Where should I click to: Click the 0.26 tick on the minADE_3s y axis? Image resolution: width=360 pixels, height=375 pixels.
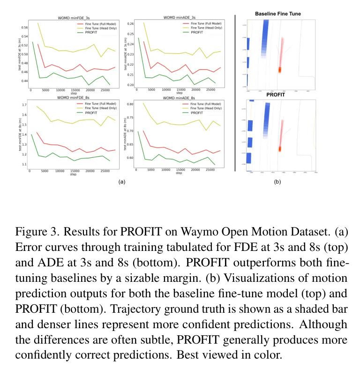click(130, 23)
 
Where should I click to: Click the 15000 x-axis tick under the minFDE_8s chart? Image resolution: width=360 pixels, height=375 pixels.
click(74, 171)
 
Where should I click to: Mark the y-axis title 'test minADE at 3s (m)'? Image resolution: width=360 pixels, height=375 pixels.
click(125, 55)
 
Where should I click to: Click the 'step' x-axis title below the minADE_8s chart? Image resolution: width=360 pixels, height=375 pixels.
click(179, 174)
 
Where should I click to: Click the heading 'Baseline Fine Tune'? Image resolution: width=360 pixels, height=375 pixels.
click(278, 14)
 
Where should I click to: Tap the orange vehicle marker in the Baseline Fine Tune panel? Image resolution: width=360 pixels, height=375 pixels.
click(280, 69)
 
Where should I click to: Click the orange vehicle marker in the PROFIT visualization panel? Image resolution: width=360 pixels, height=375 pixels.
click(280, 149)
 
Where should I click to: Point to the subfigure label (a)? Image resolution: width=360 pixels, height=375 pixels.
click(121, 181)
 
